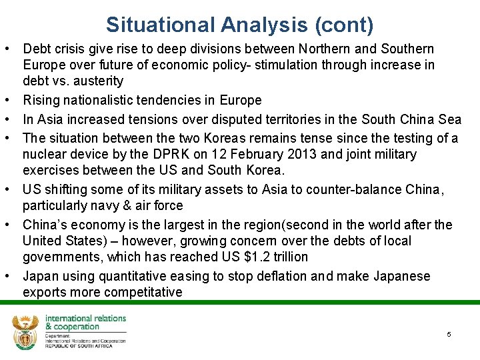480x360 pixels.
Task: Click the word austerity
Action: click(x=100, y=81)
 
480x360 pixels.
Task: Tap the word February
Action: click(x=249, y=155)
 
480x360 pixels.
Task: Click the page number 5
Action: click(x=449, y=334)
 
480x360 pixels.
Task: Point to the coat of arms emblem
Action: click(x=25, y=331)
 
